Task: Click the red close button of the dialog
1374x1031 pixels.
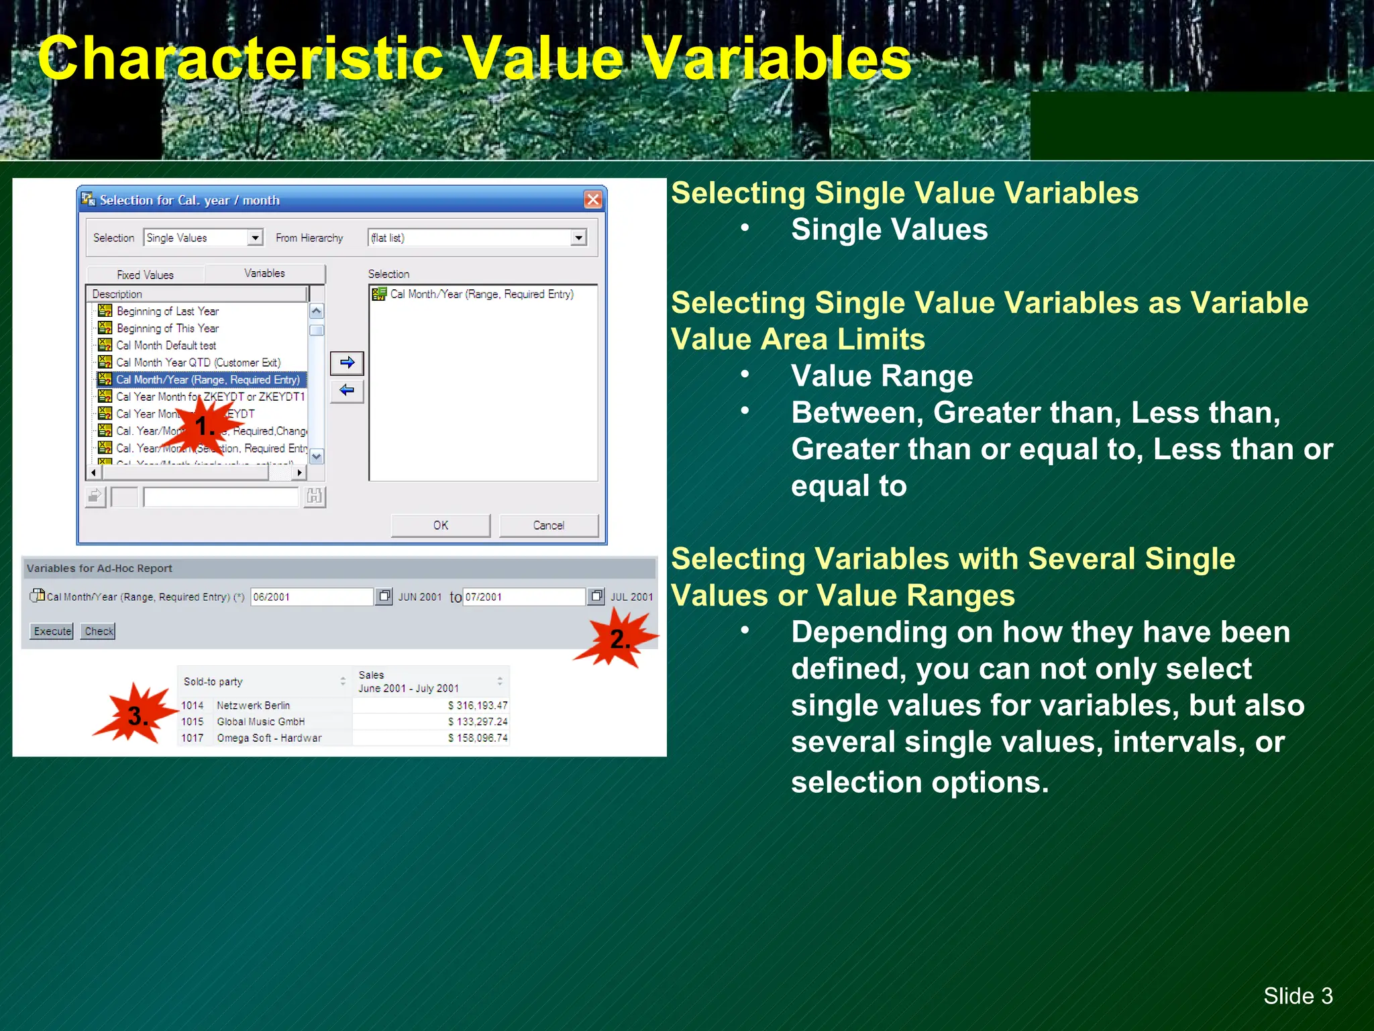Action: click(x=592, y=199)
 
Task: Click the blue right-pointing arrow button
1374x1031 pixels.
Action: click(x=347, y=363)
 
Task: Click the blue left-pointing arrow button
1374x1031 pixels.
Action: click(x=347, y=391)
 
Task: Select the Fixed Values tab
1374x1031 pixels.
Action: click(x=145, y=275)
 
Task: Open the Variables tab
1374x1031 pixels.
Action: click(x=264, y=273)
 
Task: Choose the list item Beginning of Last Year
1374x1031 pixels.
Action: click(x=167, y=311)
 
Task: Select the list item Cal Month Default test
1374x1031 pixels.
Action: click(x=166, y=346)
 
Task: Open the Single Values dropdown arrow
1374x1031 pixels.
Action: click(x=255, y=238)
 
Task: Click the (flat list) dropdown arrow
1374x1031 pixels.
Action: click(x=578, y=238)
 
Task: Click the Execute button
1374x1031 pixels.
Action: click(x=52, y=631)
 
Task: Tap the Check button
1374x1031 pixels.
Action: click(x=99, y=631)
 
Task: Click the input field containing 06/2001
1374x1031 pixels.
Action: click(x=311, y=597)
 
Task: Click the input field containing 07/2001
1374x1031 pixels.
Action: click(x=523, y=597)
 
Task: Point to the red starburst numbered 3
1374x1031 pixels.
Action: click(x=136, y=716)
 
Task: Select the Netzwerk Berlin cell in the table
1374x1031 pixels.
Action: click(x=254, y=705)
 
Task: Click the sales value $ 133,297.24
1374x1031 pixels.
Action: click(x=477, y=722)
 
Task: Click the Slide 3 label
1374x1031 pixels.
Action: click(x=1298, y=996)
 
